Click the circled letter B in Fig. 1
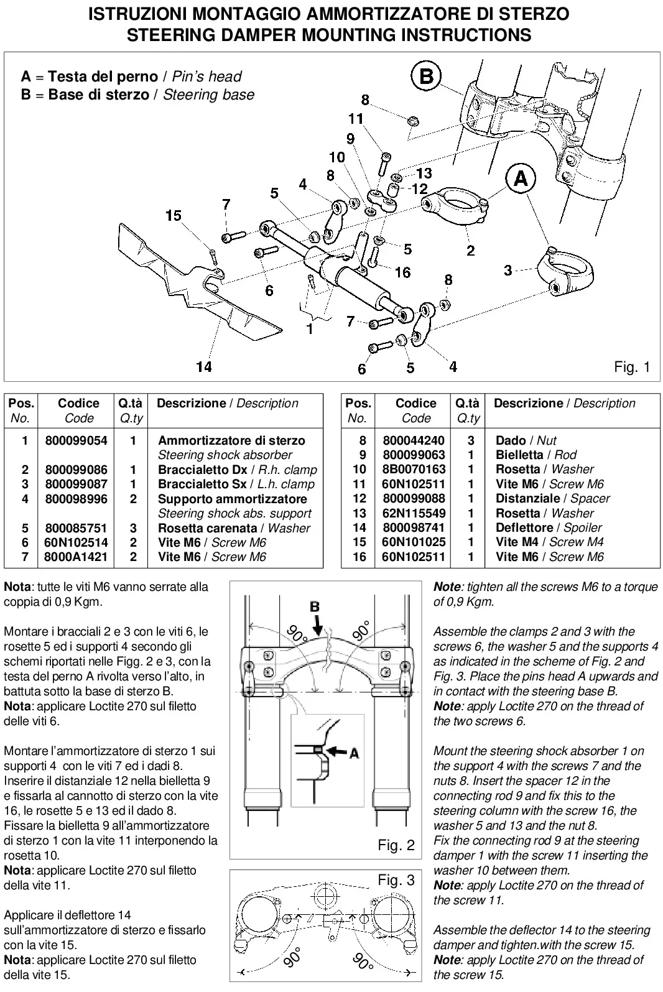point(425,76)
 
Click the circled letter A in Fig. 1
point(521,178)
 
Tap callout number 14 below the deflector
point(204,367)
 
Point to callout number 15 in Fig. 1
point(173,216)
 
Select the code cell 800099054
point(76,440)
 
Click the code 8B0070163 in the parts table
point(414,469)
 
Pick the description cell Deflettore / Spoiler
point(549,527)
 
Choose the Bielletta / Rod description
point(536,455)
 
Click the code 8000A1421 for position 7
point(76,557)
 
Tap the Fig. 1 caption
point(631,367)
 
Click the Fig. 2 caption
point(396,845)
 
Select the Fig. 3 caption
point(396,880)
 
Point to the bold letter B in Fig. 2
point(315,606)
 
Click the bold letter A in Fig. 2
point(354,753)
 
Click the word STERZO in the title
point(534,14)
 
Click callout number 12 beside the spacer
point(419,189)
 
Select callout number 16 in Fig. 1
point(402,272)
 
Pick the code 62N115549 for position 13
point(414,513)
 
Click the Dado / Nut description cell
point(526,440)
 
